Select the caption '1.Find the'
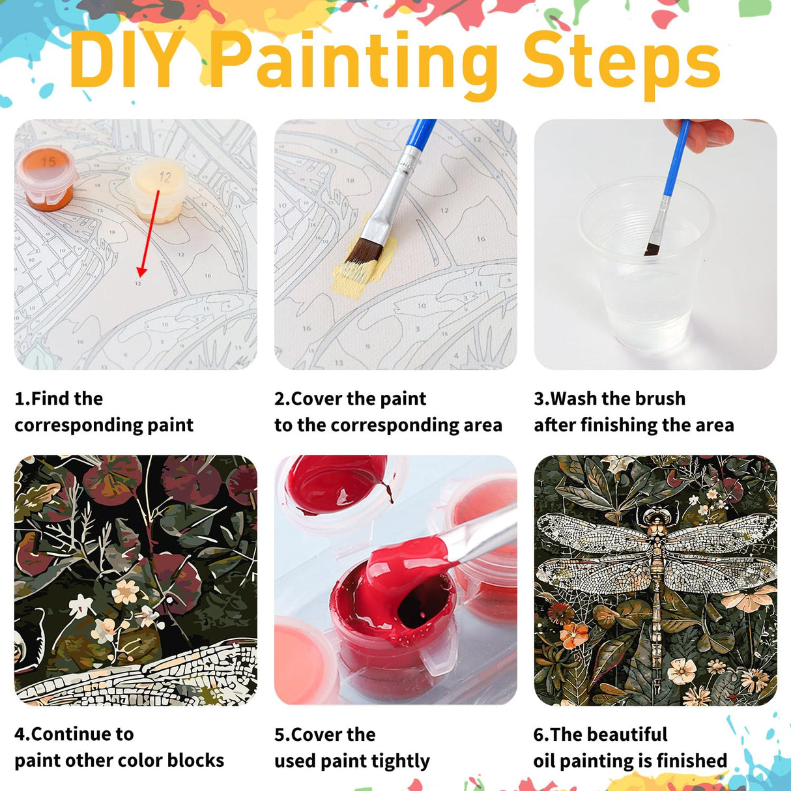coord(59,398)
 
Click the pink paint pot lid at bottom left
coord(303,658)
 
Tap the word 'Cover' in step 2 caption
coord(317,398)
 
